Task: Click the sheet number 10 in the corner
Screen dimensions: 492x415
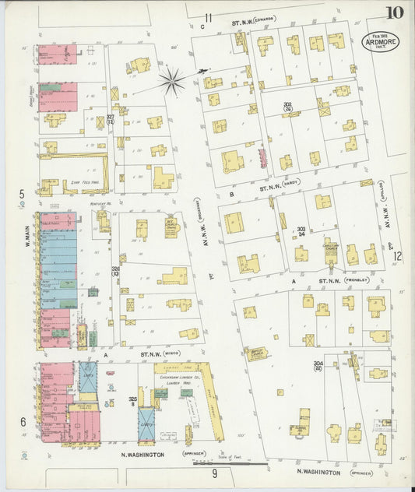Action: pyautogui.click(x=393, y=12)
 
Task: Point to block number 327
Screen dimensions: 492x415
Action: pyautogui.click(x=111, y=119)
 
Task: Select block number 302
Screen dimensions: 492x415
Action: pyautogui.click(x=287, y=106)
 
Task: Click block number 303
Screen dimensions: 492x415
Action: pyautogui.click(x=301, y=230)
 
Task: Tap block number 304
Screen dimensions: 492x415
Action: pyautogui.click(x=318, y=365)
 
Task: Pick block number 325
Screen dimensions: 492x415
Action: pyautogui.click(x=132, y=400)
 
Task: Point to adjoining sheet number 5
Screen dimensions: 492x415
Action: pyautogui.click(x=22, y=193)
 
